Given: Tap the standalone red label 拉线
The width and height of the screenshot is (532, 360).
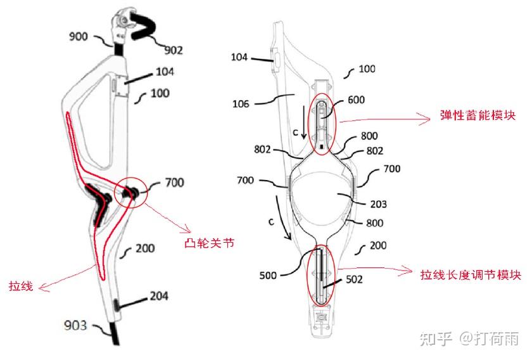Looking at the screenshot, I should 19,285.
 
